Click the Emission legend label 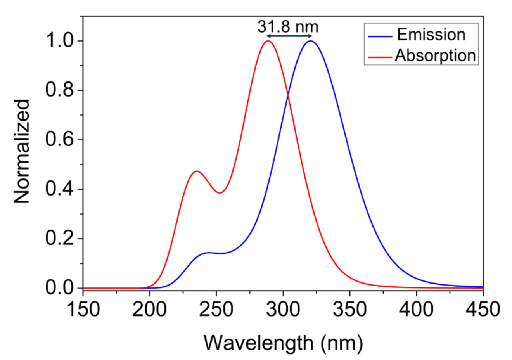click(431, 35)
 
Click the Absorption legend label click(435, 56)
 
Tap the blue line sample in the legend click(380, 36)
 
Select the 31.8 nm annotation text click(287, 27)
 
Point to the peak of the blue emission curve click(310, 41)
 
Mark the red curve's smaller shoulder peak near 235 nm click(197, 171)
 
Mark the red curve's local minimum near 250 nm click(220, 193)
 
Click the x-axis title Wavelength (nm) click(283, 343)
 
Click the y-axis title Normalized click(22, 151)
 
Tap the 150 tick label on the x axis click(83, 309)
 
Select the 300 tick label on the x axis click(283, 309)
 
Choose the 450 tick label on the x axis click(483, 309)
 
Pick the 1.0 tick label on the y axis click(59, 41)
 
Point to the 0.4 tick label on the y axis click(59, 189)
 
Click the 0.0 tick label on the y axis click(59, 288)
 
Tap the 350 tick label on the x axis click(350, 309)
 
